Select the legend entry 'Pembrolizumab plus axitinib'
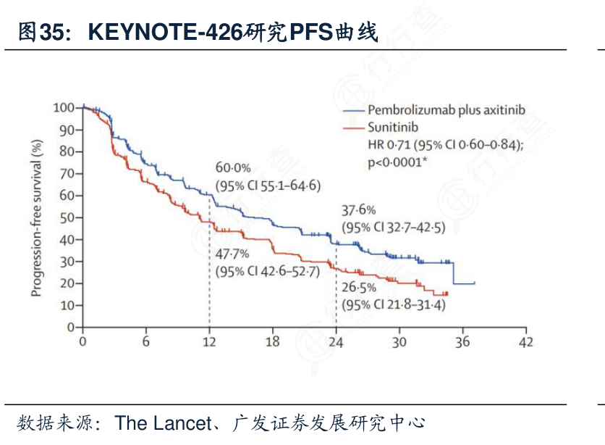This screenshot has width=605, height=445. (446, 110)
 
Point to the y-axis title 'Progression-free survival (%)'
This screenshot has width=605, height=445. (37, 218)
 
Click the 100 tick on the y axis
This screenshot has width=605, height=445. (64, 108)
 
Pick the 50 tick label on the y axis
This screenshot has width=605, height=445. (67, 217)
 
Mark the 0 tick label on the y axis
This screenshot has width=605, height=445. (70, 327)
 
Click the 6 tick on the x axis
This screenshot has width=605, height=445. (145, 342)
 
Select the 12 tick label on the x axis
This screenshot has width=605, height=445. (209, 342)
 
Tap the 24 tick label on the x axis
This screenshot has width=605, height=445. (336, 342)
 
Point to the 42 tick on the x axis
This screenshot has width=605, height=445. (525, 342)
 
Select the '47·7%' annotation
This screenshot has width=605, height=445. (232, 254)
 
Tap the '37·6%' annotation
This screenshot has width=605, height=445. (358, 210)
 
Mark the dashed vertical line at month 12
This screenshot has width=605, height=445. (209, 290)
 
